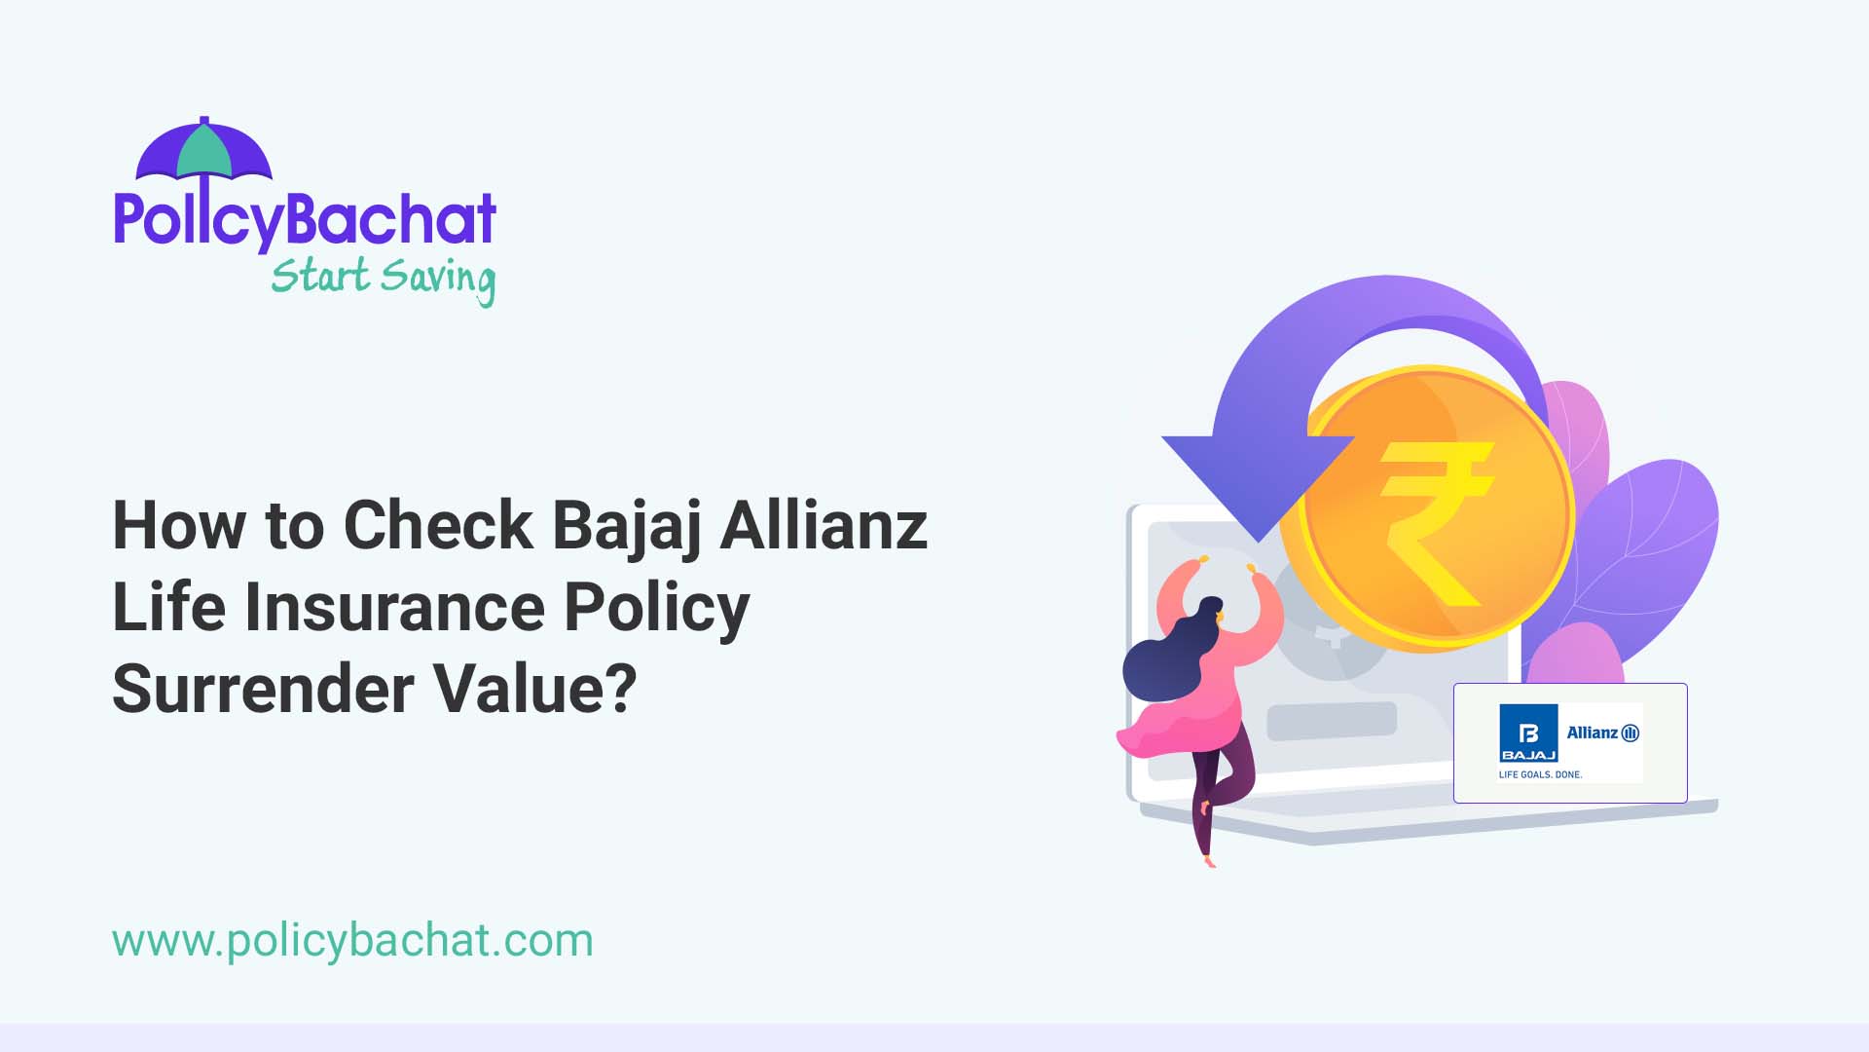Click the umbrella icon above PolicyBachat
203,151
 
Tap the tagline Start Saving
383,278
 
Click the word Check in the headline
438,526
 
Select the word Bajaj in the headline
627,526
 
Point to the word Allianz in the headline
824,526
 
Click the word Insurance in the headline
394,608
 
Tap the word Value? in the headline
534,689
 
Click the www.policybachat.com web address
352,941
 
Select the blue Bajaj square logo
1528,733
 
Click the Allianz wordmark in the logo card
1602,733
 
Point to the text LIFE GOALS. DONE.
1540,774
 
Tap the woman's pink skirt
1183,731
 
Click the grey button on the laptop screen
1331,721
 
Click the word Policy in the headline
657,608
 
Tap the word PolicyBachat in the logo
305,219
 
